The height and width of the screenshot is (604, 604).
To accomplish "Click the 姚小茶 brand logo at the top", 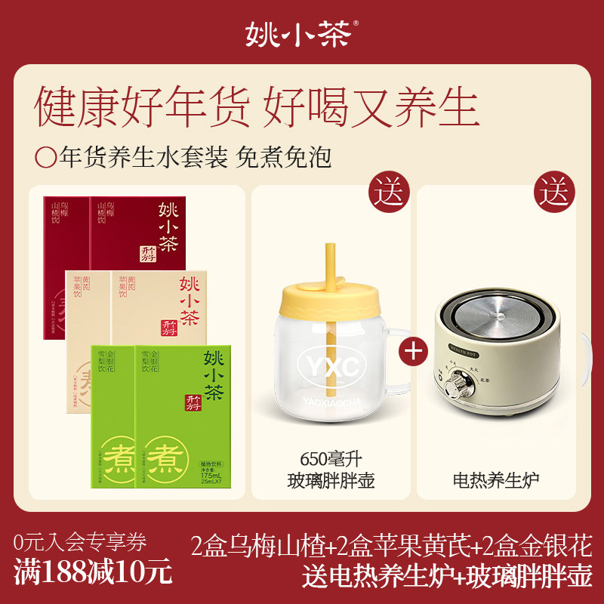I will coord(300,32).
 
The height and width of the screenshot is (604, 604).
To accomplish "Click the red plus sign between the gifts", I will coord(414,351).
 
